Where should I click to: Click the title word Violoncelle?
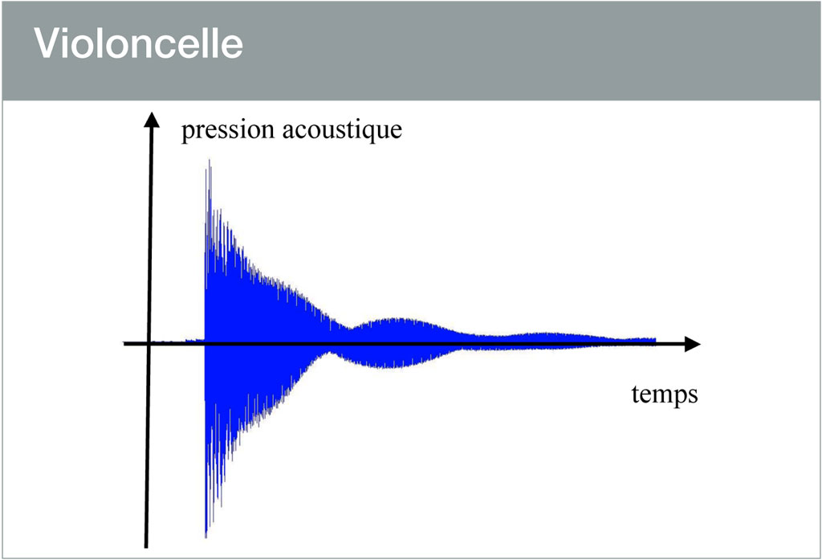(138, 46)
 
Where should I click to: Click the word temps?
(664, 394)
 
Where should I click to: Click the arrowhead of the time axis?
(692, 344)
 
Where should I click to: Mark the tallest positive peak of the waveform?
(209, 161)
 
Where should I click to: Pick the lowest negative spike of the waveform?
(206, 536)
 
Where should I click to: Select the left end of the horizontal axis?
(125, 344)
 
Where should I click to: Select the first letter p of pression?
(187, 132)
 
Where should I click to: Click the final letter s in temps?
(692, 395)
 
